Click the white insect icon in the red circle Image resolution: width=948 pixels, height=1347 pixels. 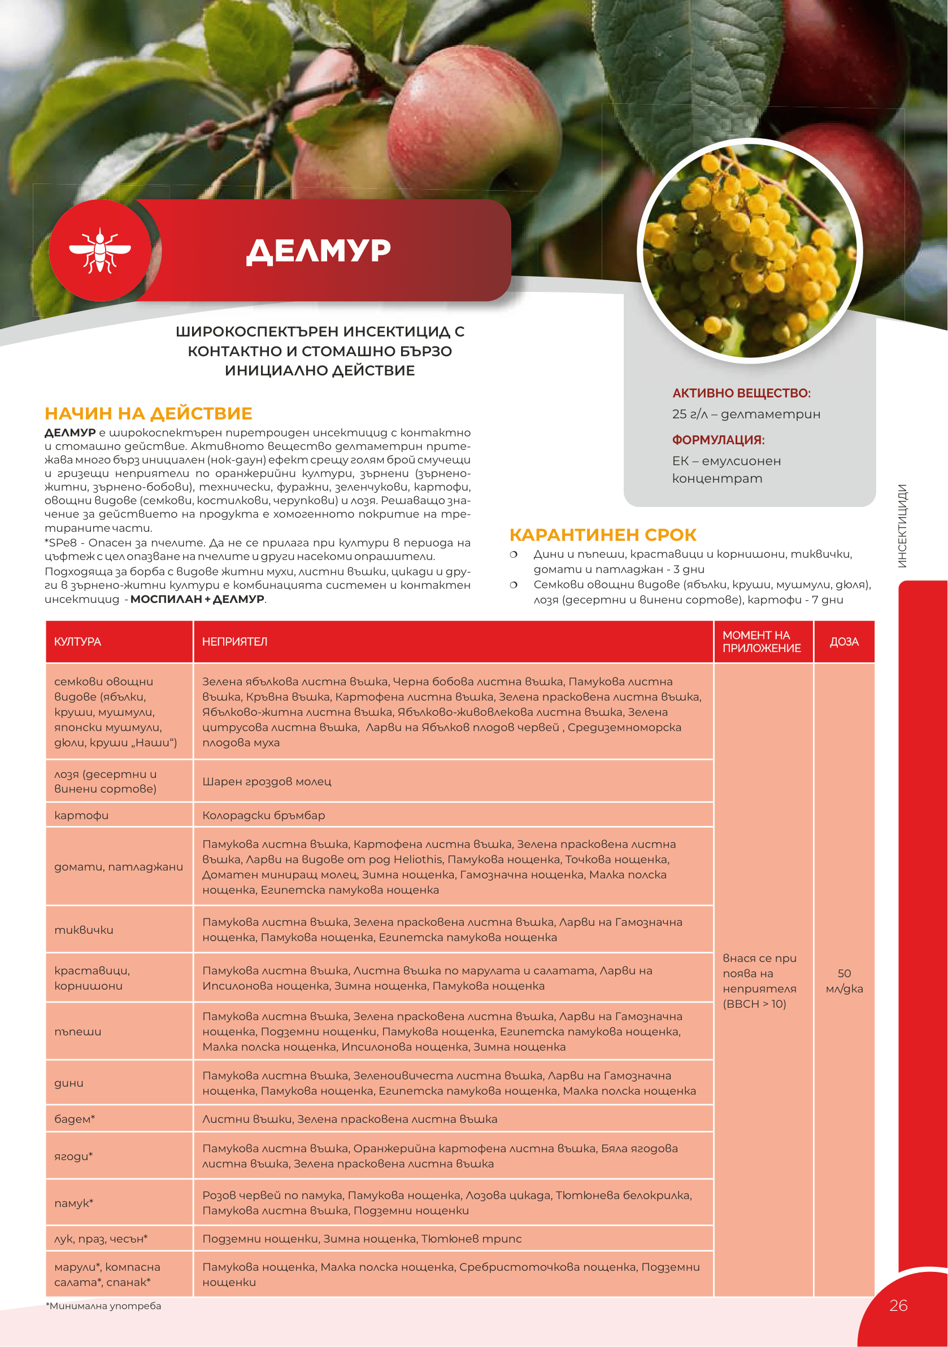100,251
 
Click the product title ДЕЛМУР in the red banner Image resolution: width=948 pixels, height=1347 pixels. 319,251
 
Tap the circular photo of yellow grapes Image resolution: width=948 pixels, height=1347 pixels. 750,251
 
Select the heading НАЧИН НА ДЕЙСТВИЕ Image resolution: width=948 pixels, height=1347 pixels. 149,414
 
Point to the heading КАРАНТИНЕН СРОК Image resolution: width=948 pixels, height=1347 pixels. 603,535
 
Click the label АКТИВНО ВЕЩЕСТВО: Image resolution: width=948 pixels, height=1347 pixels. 741,393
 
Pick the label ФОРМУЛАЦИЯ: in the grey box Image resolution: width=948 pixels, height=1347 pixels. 718,440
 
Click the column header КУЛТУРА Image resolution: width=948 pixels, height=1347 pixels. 77,642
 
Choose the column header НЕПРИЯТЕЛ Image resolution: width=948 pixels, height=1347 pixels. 235,642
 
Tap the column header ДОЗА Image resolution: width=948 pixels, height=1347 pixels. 844,642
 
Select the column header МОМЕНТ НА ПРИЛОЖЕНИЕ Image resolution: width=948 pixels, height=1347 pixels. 762,642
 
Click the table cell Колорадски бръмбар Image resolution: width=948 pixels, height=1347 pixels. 264,815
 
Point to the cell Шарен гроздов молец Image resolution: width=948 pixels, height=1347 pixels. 267,781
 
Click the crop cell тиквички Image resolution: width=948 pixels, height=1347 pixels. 84,930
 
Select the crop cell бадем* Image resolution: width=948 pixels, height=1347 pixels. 75,1119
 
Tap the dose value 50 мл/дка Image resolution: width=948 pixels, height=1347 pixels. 844,981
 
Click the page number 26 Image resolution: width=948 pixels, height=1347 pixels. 898,1305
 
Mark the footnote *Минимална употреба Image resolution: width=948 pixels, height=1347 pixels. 103,1306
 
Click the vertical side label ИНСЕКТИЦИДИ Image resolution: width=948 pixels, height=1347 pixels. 902,526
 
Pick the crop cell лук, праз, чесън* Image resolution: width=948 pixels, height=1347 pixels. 101,1239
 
